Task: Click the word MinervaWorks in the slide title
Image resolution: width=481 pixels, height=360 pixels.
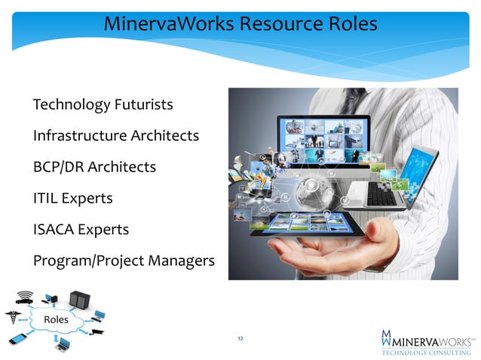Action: coord(167,25)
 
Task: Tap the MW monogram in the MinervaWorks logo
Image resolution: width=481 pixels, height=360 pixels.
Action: coord(387,338)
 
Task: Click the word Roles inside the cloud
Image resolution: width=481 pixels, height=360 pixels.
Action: coord(57,319)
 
